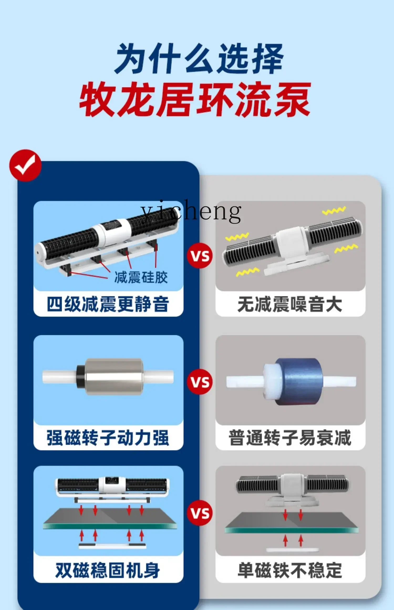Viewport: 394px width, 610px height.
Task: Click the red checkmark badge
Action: (x=25, y=166)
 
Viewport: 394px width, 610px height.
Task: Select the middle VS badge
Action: (x=200, y=382)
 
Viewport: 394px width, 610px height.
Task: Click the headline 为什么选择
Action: (x=199, y=59)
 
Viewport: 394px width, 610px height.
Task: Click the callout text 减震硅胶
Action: (x=141, y=277)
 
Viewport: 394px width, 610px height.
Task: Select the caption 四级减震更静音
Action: (x=108, y=304)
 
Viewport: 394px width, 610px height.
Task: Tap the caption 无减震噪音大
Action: (x=290, y=304)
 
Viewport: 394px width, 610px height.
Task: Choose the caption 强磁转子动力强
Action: (x=108, y=438)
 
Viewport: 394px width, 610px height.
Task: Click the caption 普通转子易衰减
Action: (x=290, y=438)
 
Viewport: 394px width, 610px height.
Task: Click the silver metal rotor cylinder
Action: (x=113, y=376)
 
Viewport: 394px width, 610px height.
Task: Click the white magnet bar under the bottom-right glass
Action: (x=293, y=550)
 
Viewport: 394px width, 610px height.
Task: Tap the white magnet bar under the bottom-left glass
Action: (x=112, y=546)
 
